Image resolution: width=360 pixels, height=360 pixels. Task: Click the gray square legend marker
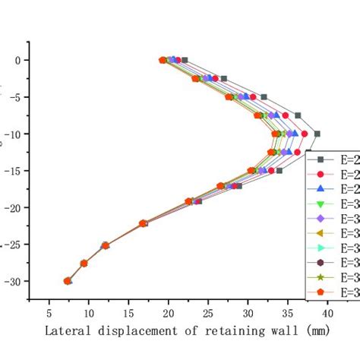[x=321, y=159]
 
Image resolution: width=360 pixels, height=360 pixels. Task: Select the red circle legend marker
[x=321, y=174]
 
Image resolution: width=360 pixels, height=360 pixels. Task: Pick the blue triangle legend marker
[x=321, y=188]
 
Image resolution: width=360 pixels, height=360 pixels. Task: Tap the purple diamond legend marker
[x=321, y=218]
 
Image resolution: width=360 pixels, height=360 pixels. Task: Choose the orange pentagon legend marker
[x=321, y=291]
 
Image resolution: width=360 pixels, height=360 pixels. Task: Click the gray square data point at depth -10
[x=317, y=134]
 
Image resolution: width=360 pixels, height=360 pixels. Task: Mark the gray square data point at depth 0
[x=184, y=60]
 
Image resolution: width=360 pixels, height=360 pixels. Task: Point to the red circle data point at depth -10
[x=305, y=134]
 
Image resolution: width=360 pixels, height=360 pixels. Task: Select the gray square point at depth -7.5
[x=298, y=115]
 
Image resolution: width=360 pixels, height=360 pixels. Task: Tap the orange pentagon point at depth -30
[x=68, y=281]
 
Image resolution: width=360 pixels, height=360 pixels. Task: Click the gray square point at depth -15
[x=279, y=170]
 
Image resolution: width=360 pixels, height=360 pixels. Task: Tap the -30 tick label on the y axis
[x=11, y=281]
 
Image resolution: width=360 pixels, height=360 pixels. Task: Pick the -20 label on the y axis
[x=11, y=207]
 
